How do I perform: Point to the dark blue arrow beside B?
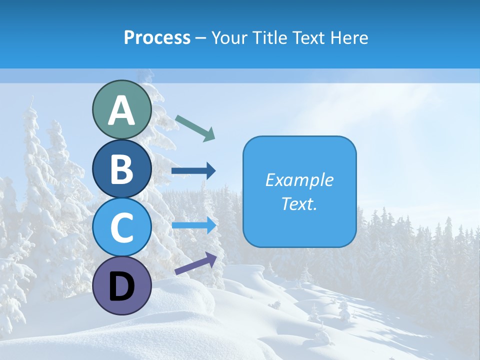click(193, 171)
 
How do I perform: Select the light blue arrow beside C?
click(194, 225)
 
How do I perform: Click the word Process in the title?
click(157, 38)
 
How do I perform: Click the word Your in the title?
click(228, 38)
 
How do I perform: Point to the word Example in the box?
click(299, 180)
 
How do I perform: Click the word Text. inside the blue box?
click(299, 204)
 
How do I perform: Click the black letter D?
click(121, 287)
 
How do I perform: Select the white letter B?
click(121, 169)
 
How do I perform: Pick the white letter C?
click(121, 228)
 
